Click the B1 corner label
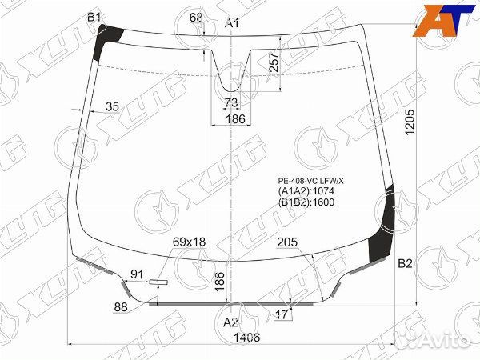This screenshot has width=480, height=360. (x=94, y=18)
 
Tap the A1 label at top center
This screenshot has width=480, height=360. (x=232, y=23)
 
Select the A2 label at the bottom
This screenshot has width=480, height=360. (x=230, y=322)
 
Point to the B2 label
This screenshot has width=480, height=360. (x=406, y=263)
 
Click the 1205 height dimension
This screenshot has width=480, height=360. (x=410, y=122)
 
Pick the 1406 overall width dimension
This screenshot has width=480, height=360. (x=246, y=338)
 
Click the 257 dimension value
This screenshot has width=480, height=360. (x=274, y=62)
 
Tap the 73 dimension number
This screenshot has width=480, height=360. (x=231, y=102)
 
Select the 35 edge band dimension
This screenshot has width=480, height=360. (x=112, y=106)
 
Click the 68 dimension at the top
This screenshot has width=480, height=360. (x=196, y=18)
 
